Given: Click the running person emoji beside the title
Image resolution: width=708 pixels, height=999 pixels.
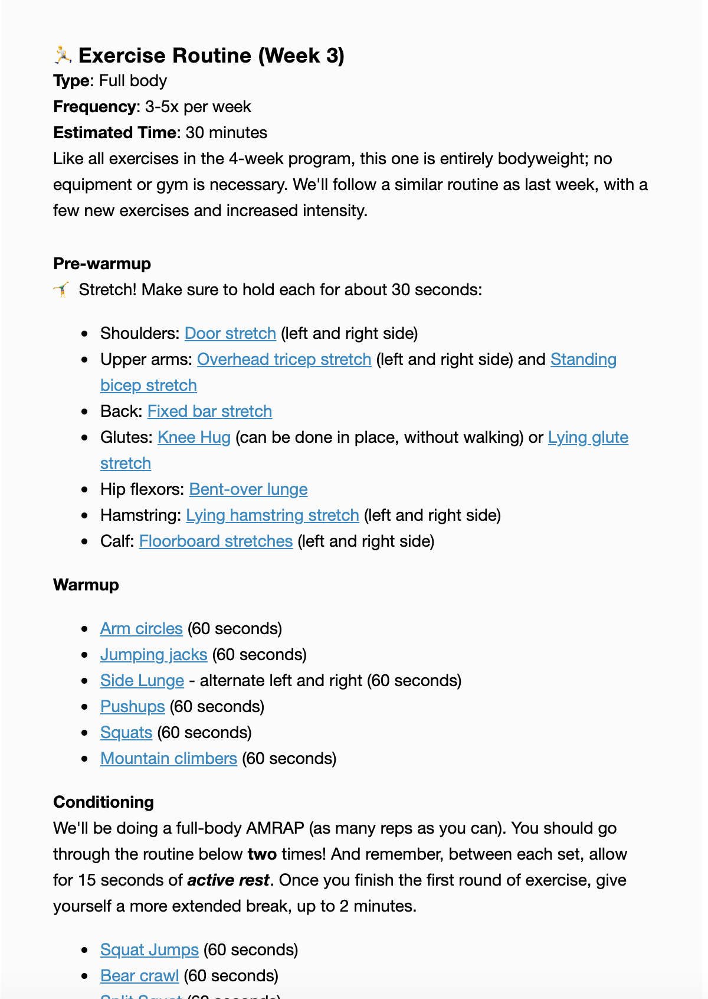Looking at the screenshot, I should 63,55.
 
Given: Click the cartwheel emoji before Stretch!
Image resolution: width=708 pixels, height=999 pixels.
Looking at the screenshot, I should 62,290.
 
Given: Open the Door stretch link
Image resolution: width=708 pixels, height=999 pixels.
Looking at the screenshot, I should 230,333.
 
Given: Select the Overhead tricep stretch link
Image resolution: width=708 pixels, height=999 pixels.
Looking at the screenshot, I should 284,359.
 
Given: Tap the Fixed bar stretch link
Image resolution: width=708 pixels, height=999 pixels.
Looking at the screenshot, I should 209,411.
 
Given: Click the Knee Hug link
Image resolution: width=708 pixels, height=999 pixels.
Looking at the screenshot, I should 194,437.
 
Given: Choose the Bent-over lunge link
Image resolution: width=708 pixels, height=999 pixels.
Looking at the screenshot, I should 248,489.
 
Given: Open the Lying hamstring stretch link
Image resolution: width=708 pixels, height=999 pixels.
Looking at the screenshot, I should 272,515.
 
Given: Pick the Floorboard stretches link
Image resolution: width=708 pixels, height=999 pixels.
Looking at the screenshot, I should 215,541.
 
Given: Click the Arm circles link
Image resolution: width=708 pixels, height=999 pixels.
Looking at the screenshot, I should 141,628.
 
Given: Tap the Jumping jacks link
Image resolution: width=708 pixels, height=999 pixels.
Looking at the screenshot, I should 153,654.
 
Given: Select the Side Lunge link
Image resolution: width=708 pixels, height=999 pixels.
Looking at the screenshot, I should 142,680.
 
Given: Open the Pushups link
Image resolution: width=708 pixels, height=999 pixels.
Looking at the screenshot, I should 132,706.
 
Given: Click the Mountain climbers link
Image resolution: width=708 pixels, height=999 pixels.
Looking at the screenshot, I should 168,758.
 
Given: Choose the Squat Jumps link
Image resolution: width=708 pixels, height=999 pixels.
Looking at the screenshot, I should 149,949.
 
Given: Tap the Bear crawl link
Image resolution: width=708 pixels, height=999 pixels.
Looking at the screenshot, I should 139,975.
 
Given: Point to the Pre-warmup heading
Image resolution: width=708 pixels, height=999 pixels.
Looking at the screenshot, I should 102,263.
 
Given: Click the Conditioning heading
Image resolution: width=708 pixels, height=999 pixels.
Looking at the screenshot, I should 103,802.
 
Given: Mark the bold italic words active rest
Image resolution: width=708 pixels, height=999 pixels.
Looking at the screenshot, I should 228,880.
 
